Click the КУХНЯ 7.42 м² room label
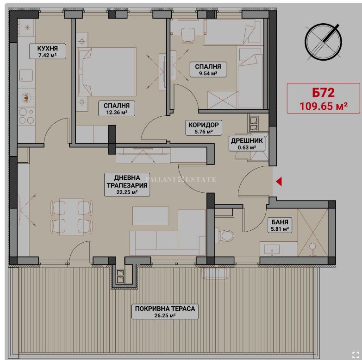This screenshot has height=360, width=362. tap(48, 51)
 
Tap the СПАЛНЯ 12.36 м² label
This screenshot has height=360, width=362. tap(116, 108)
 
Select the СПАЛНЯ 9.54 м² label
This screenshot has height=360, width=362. tap(208, 69)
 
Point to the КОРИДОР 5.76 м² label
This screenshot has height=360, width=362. tap(203, 127)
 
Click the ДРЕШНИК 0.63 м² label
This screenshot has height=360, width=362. tap(247, 144)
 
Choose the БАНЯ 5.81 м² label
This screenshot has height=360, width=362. tap(280, 225)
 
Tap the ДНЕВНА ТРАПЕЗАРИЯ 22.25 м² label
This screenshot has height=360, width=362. tap(127, 184)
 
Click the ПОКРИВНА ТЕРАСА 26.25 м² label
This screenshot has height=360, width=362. tap(165, 311)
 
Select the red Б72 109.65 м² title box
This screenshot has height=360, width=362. tap(323, 98)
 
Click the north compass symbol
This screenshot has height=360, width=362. tap(323, 42)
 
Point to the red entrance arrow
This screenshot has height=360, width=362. tap(279, 181)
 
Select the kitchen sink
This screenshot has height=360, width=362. tap(26, 76)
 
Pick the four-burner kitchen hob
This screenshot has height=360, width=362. tap(26, 116)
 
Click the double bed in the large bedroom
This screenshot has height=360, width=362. tap(106, 72)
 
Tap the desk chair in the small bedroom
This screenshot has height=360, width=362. tap(188, 35)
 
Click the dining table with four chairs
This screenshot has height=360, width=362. tap(72, 216)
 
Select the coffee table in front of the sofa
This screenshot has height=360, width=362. tap(150, 216)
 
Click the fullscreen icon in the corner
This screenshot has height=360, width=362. tap(356, 354)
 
